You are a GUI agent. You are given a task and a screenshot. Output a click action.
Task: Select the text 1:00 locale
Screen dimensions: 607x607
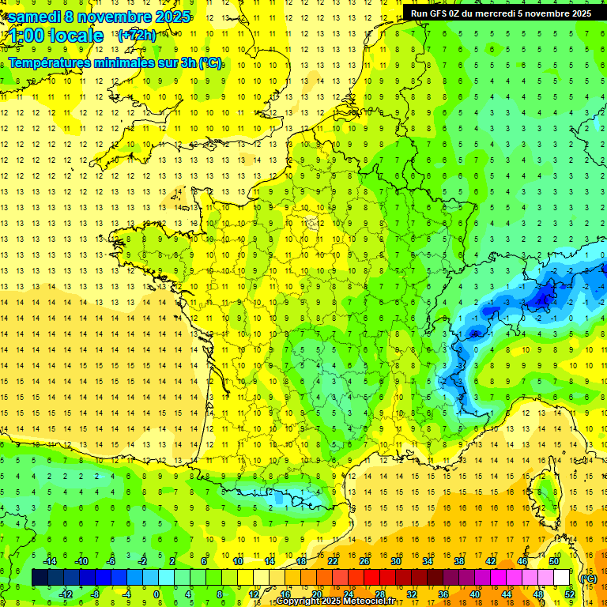(x=56, y=36)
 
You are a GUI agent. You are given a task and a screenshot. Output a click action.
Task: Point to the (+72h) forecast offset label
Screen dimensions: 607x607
(x=136, y=36)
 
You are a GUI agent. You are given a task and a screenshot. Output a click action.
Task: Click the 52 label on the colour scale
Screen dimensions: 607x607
(x=569, y=594)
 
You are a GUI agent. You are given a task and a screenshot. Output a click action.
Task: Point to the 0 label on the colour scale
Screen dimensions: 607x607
(x=156, y=594)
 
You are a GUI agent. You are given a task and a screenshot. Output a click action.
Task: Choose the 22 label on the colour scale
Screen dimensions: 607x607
(x=333, y=561)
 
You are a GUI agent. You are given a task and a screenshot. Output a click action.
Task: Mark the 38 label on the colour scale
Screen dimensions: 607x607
(x=459, y=561)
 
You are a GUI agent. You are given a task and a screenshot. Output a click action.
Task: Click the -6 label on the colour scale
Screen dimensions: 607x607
(x=111, y=561)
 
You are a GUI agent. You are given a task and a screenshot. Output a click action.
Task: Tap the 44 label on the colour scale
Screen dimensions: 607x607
(x=506, y=594)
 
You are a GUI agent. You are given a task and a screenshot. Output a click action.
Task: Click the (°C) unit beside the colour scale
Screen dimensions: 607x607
(x=587, y=578)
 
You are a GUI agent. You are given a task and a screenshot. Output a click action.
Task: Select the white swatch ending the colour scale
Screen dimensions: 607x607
(x=562, y=578)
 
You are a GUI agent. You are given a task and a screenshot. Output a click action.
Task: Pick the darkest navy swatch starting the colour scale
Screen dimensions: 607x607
(x=40, y=578)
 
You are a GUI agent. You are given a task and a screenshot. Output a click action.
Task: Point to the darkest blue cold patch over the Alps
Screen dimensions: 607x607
(x=542, y=298)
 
